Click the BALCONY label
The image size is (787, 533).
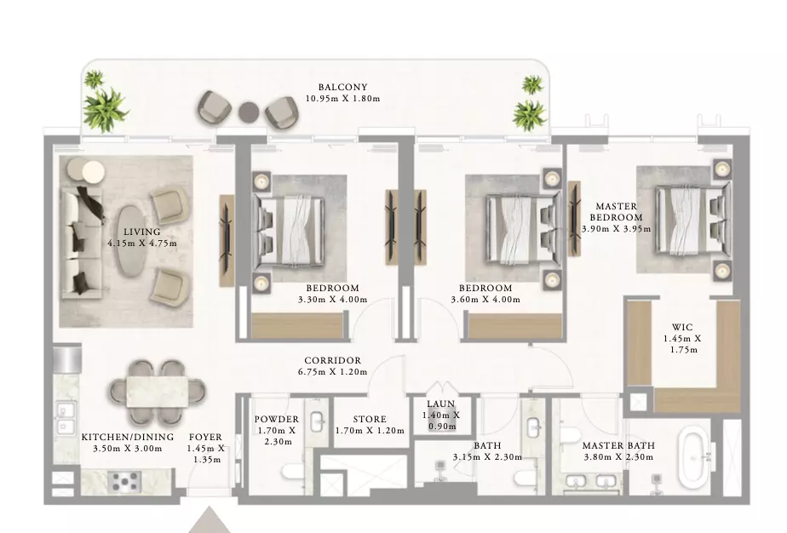[342, 88]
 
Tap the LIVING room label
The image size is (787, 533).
[142, 232]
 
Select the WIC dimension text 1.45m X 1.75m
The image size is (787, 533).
[682, 344]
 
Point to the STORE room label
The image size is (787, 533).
[370, 419]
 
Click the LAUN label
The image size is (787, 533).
[440, 404]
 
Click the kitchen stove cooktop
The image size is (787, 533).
[124, 482]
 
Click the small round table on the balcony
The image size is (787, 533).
[249, 112]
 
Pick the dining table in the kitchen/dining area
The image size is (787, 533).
[157, 392]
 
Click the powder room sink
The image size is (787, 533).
[317, 421]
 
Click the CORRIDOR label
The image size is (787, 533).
[332, 361]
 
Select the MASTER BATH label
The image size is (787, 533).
[618, 445]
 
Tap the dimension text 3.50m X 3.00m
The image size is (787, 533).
[128, 449]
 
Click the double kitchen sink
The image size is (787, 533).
[65, 418]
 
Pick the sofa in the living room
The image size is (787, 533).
[81, 241]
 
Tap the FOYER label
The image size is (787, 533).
[205, 438]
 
